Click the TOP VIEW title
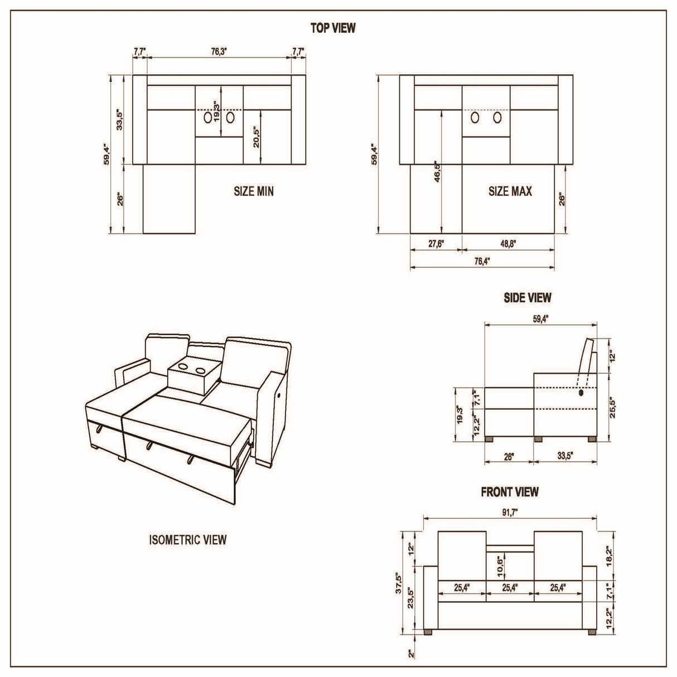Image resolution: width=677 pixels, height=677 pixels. tap(332, 28)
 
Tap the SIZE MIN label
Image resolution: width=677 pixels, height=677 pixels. tap(254, 191)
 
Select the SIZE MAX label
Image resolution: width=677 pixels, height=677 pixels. tap(510, 191)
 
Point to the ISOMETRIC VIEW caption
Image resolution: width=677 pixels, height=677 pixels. tap(187, 540)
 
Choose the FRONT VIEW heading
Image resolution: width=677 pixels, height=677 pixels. tap(510, 492)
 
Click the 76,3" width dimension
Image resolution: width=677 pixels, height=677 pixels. tap(219, 52)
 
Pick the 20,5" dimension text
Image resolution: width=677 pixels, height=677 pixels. tap(257, 135)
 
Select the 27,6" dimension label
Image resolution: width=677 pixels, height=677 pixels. tap(436, 244)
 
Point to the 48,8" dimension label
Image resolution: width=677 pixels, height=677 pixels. tap(508, 244)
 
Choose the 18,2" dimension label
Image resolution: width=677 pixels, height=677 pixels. tap(610, 554)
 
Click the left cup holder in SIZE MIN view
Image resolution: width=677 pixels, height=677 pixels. tap(208, 117)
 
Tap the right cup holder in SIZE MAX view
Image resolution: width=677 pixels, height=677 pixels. tap(497, 118)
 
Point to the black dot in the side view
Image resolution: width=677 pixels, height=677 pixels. tap(582, 393)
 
